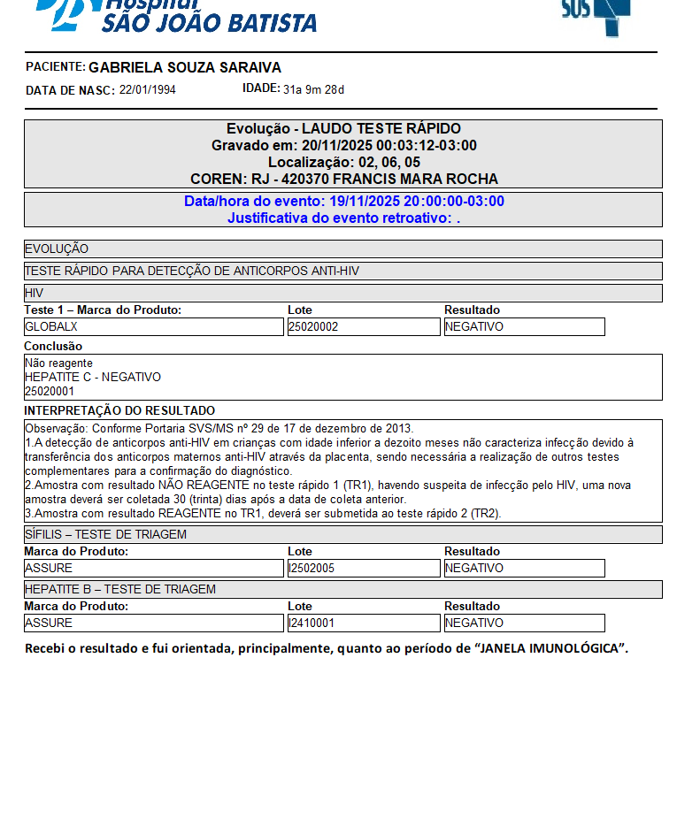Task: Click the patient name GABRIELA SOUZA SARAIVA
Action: pos(185,68)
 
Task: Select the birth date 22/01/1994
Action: pos(148,90)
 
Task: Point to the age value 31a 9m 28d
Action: pos(313,89)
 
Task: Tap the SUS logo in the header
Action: pos(594,12)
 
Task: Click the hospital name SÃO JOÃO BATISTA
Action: pos(209,22)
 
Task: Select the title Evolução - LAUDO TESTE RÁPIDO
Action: pos(343,129)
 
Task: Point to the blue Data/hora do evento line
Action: pos(343,202)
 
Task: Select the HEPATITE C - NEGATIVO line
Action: pos(93,377)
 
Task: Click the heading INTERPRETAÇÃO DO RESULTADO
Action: pos(119,410)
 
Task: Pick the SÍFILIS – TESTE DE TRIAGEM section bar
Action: pos(343,534)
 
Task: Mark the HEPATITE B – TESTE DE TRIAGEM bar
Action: pos(343,589)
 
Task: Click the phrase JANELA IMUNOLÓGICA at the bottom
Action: pos(551,649)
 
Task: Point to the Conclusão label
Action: pos(53,346)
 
